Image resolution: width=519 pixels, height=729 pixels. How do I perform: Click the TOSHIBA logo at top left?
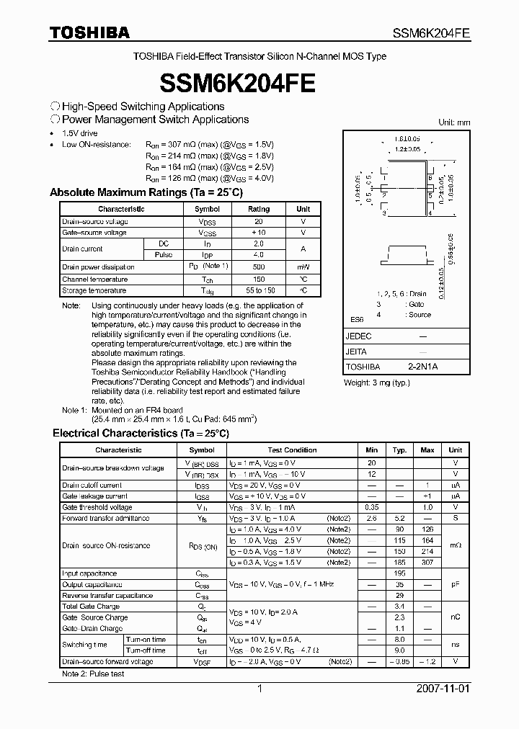[89, 32]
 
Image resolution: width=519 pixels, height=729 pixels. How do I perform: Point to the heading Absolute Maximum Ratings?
[146, 193]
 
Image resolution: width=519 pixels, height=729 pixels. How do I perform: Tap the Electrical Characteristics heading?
[141, 433]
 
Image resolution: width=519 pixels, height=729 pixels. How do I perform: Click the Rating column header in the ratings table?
[259, 209]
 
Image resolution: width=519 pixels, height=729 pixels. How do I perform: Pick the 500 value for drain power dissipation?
[259, 267]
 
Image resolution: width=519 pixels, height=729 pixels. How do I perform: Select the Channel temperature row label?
[94, 279]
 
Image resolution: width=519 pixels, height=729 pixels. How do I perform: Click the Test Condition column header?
[292, 450]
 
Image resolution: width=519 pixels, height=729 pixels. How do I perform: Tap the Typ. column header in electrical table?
[399, 450]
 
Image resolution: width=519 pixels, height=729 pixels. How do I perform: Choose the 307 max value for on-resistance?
[427, 562]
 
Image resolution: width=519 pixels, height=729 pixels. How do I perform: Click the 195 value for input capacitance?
[399, 573]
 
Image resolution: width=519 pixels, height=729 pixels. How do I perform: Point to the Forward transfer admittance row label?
[105, 518]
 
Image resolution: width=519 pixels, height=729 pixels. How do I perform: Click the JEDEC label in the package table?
[359, 336]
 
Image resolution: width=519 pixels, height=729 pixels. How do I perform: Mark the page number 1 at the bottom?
[259, 689]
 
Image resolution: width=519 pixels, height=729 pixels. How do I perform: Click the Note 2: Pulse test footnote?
[92, 674]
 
